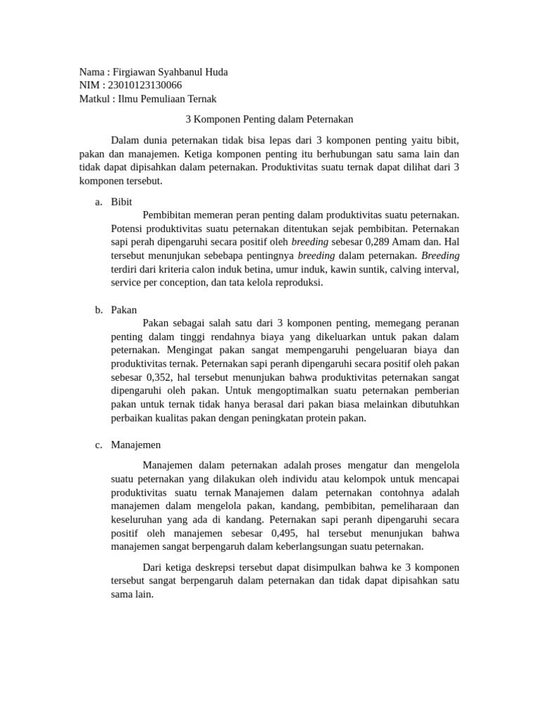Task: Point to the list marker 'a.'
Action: tap(98, 202)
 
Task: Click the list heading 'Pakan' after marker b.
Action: tap(124, 309)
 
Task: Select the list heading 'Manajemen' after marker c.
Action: tap(135, 445)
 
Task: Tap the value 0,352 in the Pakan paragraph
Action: tap(159, 377)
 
